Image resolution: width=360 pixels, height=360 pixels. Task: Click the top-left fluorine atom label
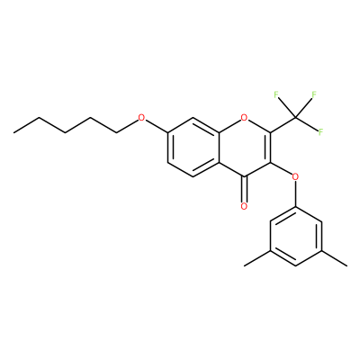276,95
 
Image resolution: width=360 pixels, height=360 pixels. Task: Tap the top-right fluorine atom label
314,95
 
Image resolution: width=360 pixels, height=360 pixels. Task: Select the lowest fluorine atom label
320,132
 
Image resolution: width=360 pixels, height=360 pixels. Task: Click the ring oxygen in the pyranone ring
245,118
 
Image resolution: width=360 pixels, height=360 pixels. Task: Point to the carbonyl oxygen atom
245,206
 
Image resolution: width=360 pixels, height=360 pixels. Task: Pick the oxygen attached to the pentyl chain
141,118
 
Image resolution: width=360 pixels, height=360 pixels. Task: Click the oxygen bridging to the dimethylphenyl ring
295,176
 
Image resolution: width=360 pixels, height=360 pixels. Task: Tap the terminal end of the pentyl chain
13,132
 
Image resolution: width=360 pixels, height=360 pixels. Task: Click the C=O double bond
245,189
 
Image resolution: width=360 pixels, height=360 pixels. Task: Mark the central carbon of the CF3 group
295,118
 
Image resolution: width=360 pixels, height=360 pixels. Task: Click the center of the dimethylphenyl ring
296,236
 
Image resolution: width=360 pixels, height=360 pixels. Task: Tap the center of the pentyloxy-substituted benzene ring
193,147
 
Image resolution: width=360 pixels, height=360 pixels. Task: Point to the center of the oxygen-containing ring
245,147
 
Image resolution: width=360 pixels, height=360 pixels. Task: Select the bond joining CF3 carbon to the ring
283,125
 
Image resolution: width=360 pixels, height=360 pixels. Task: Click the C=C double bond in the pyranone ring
269,147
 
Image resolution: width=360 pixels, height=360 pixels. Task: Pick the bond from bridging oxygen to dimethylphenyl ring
296,193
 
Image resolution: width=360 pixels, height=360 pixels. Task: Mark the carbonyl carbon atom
245,176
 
